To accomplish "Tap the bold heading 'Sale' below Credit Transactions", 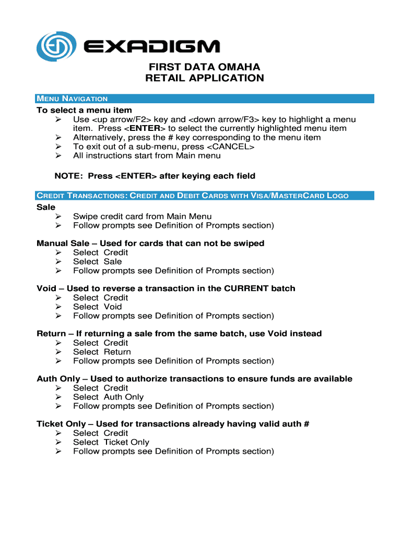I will coord(46,207).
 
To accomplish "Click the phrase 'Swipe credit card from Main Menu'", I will coord(142,216).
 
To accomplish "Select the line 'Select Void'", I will coord(97,307).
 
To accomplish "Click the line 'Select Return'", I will coord(102,352).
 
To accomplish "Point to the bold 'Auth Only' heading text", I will coord(58,379).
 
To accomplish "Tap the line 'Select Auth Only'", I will coord(108,397).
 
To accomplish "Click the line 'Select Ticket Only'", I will coord(111,442).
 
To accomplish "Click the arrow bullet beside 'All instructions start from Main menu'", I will coord(58,155).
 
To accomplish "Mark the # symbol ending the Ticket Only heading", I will coord(306,424).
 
